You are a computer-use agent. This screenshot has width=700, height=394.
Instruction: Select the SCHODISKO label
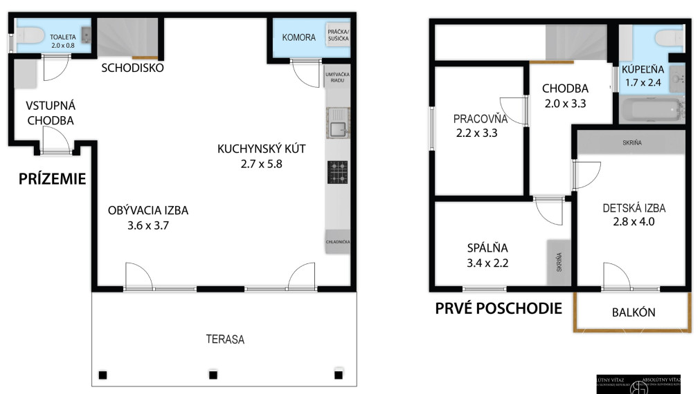coord(132,68)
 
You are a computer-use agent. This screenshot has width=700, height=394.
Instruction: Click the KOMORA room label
coord(298,37)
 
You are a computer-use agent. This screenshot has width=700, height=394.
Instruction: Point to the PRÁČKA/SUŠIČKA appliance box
coord(339,36)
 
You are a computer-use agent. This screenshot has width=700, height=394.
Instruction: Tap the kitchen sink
coord(338,129)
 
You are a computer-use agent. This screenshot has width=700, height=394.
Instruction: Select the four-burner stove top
coord(338,172)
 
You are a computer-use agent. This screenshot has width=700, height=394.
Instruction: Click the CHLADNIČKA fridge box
coord(338,242)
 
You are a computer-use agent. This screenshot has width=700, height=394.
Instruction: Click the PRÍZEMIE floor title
coord(51,180)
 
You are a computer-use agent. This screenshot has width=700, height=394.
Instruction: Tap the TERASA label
coord(225,339)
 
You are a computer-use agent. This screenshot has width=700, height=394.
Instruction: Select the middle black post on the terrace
coord(213,375)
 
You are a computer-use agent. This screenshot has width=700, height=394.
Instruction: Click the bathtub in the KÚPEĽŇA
coord(650,110)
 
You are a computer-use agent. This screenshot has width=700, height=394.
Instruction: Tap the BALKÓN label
coord(634,312)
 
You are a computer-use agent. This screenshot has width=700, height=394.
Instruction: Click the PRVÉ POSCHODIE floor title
coord(499,308)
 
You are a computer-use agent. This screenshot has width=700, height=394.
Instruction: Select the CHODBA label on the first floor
coord(565,88)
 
